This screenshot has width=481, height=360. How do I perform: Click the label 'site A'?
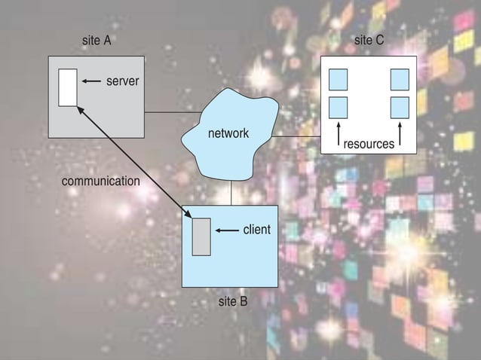tap(97, 41)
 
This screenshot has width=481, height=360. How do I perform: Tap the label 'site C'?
tap(369, 41)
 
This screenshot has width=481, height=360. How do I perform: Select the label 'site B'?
tap(232, 302)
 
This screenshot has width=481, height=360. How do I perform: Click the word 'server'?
tap(122, 81)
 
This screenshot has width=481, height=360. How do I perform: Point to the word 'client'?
tap(256, 230)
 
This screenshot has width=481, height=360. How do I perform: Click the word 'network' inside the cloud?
tap(228, 133)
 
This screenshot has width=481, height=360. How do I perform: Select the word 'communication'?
tap(100, 182)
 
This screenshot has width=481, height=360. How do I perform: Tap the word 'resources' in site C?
tap(369, 143)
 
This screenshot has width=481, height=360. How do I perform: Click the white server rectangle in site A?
tap(68, 87)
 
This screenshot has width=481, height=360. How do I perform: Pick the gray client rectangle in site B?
tap(201, 236)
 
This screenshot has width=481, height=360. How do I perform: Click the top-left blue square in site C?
tap(338, 78)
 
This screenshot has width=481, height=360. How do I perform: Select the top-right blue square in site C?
tap(400, 78)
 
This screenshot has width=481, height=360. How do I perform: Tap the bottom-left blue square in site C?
tap(338, 106)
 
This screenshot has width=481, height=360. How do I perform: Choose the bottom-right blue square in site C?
tap(400, 106)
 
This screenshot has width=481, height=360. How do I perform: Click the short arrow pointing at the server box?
tap(91, 81)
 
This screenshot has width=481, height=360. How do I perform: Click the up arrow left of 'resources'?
tap(339, 133)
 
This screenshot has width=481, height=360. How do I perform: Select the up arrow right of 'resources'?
tap(400, 133)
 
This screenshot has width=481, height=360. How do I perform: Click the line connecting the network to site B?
tap(231, 194)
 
